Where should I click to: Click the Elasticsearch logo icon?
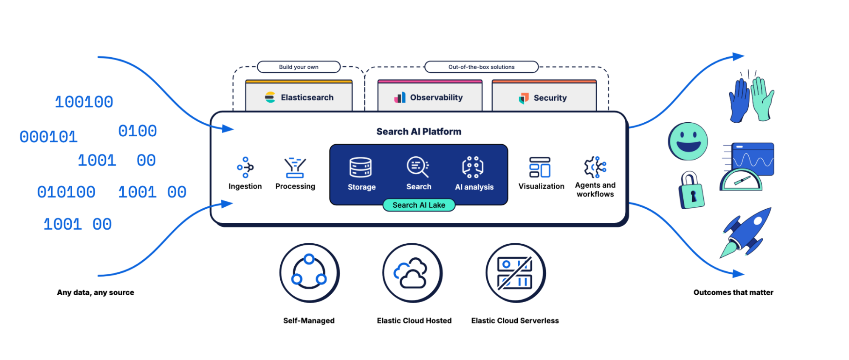pyautogui.click(x=270, y=97)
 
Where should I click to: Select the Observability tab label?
pyautogui.click(x=436, y=98)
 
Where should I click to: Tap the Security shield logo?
pyautogui.click(x=524, y=98)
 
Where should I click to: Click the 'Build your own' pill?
pyautogui.click(x=299, y=67)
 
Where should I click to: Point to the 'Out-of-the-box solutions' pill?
pyautogui.click(x=481, y=67)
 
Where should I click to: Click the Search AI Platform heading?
pyautogui.click(x=418, y=132)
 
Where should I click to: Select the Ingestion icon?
pyautogui.click(x=245, y=167)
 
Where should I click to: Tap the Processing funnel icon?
pyautogui.click(x=295, y=167)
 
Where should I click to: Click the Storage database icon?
pyautogui.click(x=361, y=167)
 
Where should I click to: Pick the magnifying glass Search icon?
pyautogui.click(x=418, y=166)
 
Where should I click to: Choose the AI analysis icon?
pyautogui.click(x=473, y=167)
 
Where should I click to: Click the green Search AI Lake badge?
pyautogui.click(x=419, y=205)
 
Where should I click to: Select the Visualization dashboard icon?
pyautogui.click(x=540, y=167)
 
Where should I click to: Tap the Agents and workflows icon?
pyautogui.click(x=595, y=167)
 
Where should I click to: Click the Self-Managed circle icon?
pyautogui.click(x=309, y=273)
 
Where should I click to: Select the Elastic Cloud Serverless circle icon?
pyautogui.click(x=515, y=273)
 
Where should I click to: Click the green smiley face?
pyautogui.click(x=688, y=141)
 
